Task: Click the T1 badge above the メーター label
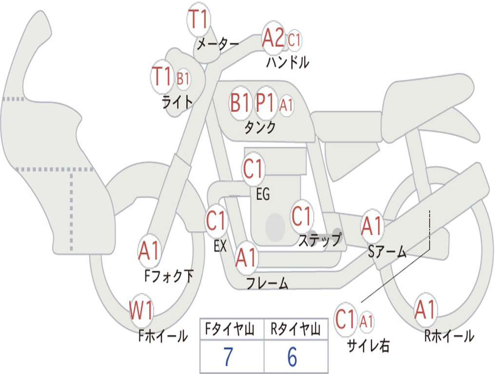click(199, 19)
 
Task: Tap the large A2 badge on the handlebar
click(273, 37)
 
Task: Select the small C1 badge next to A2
click(294, 40)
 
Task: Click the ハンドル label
click(288, 62)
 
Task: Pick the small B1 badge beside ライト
click(183, 78)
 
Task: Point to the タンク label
click(260, 127)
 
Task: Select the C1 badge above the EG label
click(253, 168)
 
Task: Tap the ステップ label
click(320, 240)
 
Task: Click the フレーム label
click(268, 282)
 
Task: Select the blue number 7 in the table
click(228, 357)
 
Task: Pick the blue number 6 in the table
click(292, 357)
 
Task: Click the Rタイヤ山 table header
click(295, 329)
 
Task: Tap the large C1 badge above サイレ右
click(345, 319)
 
